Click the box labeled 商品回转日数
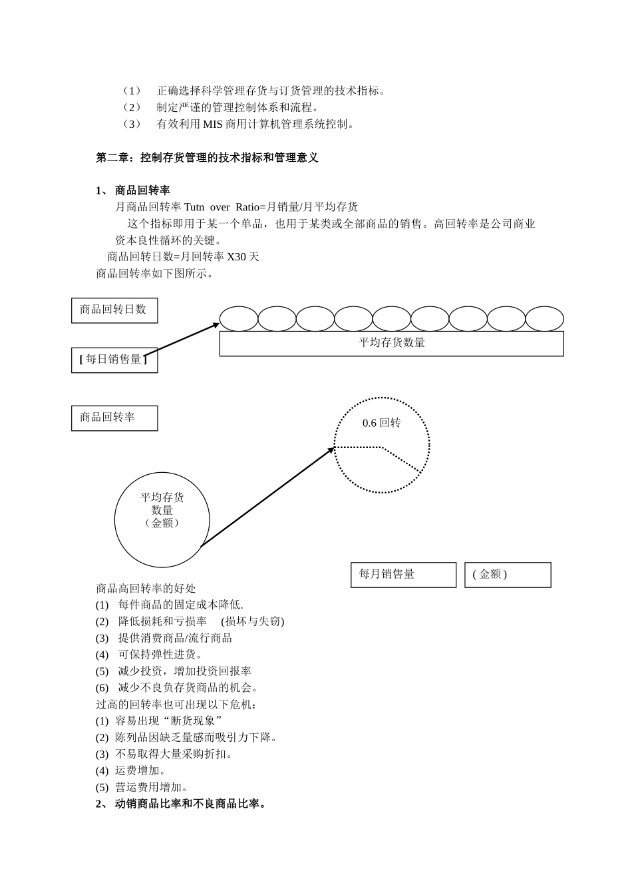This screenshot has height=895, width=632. (114, 310)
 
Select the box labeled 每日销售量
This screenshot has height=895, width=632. (114, 360)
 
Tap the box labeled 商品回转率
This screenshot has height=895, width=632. (114, 418)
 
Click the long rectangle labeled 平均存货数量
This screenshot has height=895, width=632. (391, 344)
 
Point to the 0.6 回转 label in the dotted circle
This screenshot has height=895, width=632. (381, 424)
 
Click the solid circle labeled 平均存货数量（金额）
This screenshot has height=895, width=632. (162, 519)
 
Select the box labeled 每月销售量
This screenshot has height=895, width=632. (403, 575)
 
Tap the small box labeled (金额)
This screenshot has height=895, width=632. (507, 575)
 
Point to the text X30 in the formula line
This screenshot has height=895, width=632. (237, 256)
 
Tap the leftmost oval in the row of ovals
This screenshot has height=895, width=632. (239, 319)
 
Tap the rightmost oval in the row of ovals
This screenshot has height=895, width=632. (544, 319)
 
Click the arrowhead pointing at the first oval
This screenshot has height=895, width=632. (216, 325)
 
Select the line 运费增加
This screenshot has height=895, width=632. (140, 770)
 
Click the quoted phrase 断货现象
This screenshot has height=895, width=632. (197, 721)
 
